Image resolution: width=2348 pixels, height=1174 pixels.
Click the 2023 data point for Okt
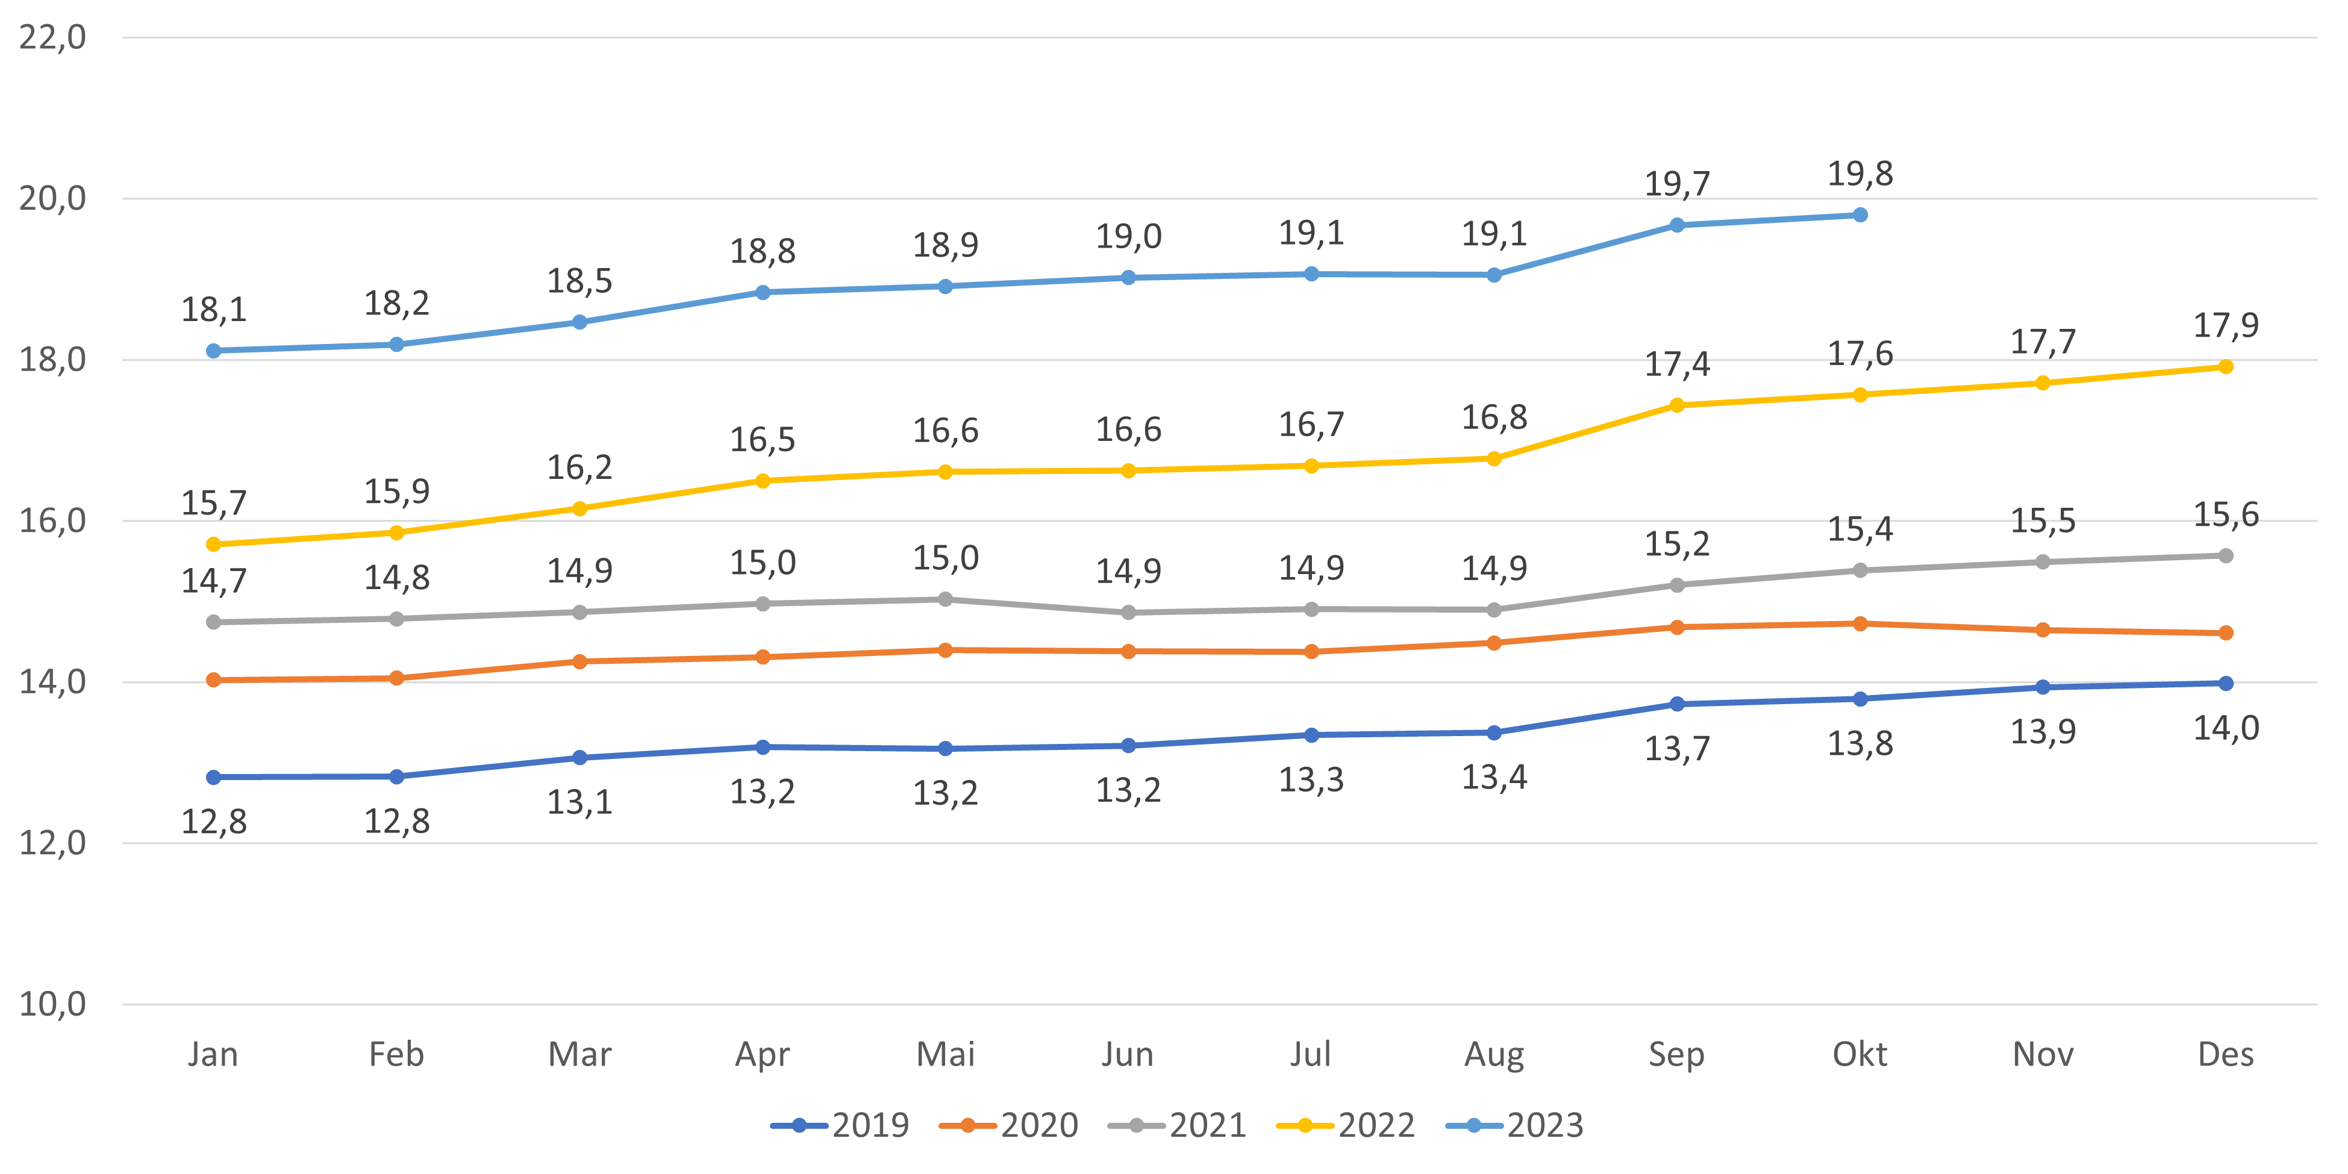pyautogui.click(x=1859, y=215)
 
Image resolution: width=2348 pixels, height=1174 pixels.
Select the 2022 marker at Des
pyautogui.click(x=2225, y=366)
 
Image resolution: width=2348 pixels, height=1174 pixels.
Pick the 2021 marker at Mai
pyautogui.click(x=945, y=599)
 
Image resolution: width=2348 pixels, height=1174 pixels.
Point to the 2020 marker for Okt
pyautogui.click(x=1859, y=623)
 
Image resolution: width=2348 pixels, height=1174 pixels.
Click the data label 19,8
pyautogui.click(x=1859, y=173)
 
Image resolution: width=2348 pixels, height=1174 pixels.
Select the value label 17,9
pyautogui.click(x=2225, y=325)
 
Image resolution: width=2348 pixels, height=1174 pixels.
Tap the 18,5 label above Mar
pyautogui.click(x=579, y=281)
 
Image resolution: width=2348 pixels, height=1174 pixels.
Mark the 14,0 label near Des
pyautogui.click(x=2225, y=728)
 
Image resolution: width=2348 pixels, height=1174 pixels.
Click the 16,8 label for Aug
pyautogui.click(x=1494, y=417)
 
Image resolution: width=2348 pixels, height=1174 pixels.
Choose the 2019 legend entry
pyautogui.click(x=840, y=1126)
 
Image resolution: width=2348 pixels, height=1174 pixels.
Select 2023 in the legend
pyautogui.click(x=1515, y=1126)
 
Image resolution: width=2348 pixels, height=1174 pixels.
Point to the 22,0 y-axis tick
pyautogui.click(x=53, y=37)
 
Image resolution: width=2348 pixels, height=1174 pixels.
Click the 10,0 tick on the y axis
pyautogui.click(x=53, y=1005)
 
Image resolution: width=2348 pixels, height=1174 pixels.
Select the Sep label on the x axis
pyautogui.click(x=1676, y=1055)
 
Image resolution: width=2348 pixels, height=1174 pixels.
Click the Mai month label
pyautogui.click(x=945, y=1055)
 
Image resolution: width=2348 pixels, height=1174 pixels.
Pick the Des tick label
pyautogui.click(x=2225, y=1055)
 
